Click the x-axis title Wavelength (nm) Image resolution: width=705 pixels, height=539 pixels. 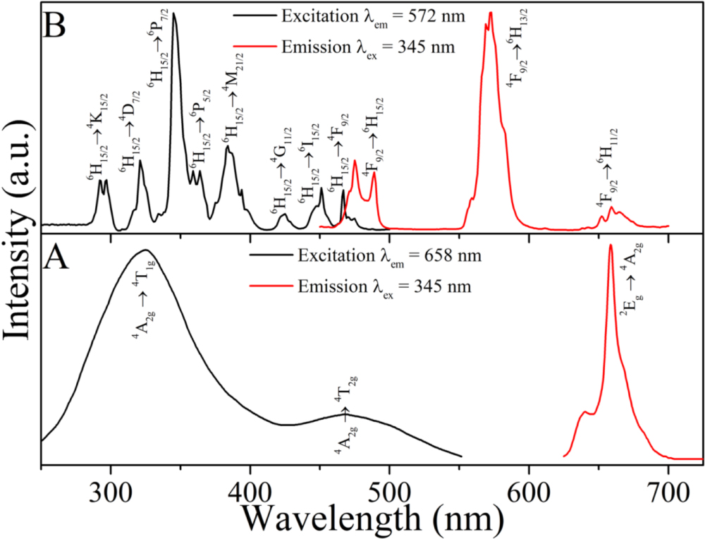(x=373, y=519)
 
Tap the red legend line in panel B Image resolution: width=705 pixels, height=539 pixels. (x=253, y=48)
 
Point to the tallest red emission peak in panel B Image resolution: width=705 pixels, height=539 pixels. (x=490, y=13)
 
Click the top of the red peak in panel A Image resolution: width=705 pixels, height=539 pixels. (x=610, y=246)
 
